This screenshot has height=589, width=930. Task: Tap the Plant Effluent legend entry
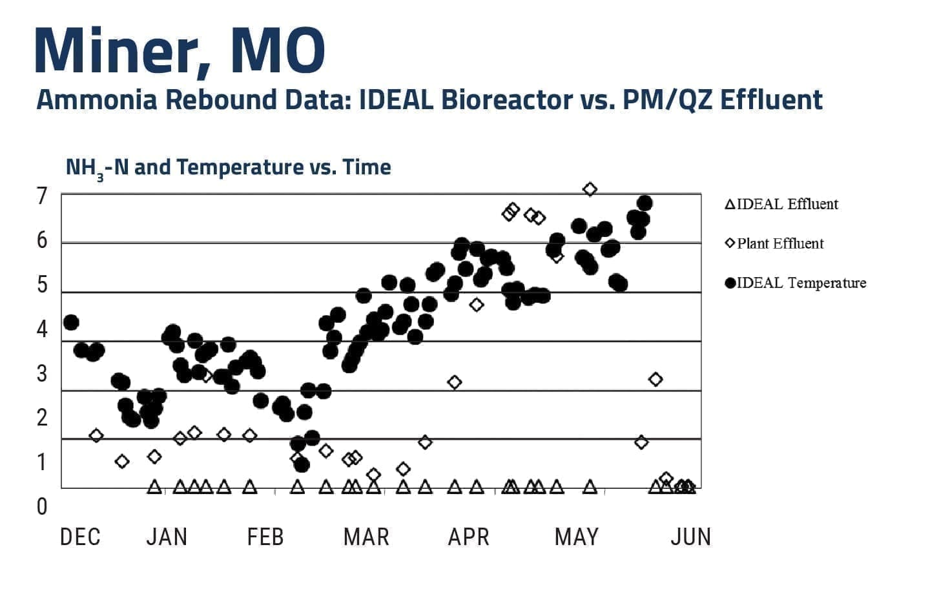774,244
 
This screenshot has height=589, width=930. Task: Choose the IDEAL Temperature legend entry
796,283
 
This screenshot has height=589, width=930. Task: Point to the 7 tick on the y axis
43,196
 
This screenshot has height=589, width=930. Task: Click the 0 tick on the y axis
42,506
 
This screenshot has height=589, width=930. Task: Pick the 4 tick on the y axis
43,329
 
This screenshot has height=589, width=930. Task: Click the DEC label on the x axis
80,537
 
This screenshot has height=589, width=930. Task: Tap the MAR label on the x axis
366,537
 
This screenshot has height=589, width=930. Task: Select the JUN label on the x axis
690,537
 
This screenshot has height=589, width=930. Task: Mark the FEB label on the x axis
265,537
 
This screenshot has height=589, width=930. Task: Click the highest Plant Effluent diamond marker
590,189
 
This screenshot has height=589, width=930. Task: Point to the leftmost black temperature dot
71,322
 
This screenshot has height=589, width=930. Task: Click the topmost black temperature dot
644,203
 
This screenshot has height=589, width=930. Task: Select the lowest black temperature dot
302,464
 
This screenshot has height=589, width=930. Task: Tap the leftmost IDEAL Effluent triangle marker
154,487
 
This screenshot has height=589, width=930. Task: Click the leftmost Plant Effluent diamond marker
96,435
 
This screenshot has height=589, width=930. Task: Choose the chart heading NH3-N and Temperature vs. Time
229,168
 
